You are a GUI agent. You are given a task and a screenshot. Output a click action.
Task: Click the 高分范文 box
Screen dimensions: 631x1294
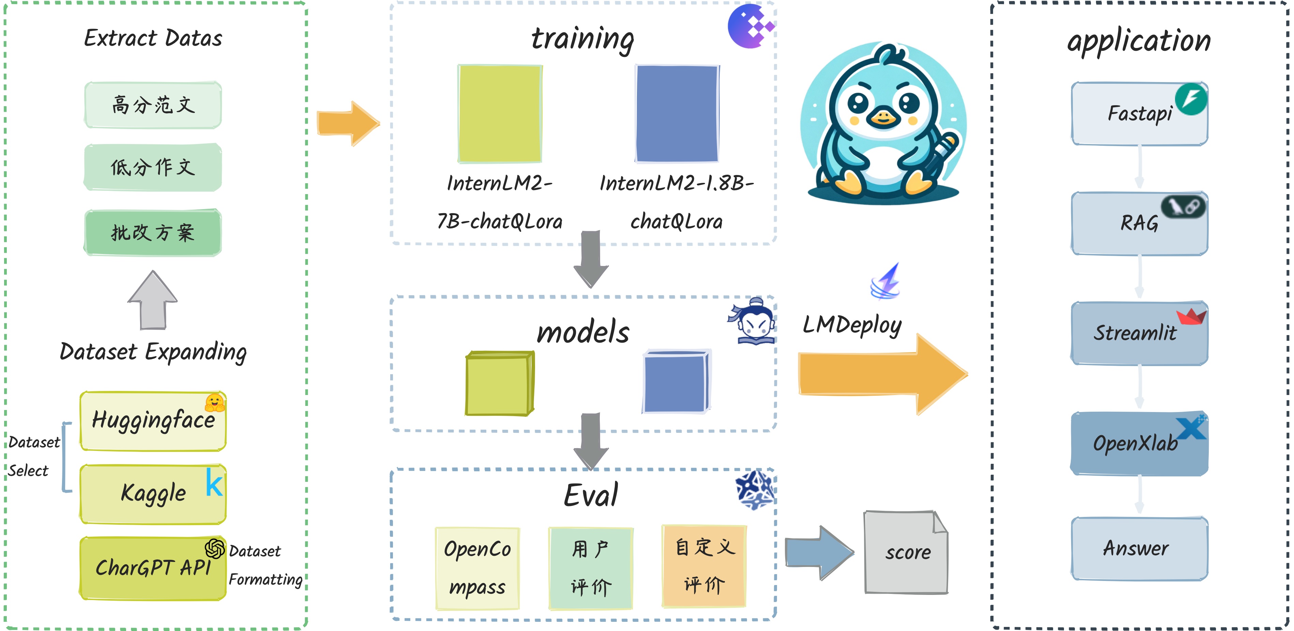pos(153,105)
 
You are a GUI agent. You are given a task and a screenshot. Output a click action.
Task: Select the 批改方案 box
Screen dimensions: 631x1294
pos(153,233)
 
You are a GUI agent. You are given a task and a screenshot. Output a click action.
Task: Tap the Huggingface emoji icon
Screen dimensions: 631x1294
pos(215,402)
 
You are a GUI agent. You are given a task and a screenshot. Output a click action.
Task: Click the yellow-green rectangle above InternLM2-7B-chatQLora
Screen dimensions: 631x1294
pos(500,114)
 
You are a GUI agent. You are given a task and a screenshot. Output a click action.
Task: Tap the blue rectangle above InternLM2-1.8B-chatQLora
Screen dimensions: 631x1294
pos(677,114)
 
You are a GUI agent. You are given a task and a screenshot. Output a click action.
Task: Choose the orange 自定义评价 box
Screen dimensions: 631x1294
pos(704,566)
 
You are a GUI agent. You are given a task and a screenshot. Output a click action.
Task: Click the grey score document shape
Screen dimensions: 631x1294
pos(906,552)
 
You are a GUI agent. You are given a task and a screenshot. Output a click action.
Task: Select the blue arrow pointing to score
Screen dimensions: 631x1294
pos(819,553)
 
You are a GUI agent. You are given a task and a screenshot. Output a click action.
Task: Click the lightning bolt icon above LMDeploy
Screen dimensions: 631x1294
pos(886,281)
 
